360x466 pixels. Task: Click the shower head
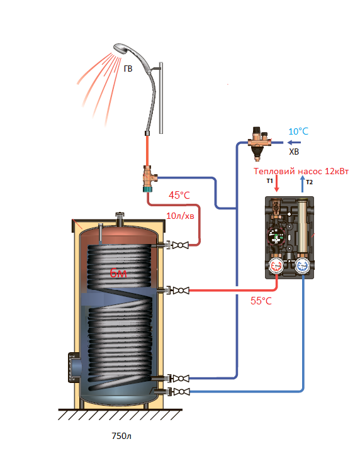tap(122, 49)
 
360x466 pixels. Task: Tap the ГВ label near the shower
tap(128, 69)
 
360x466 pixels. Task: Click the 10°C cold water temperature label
tap(298, 131)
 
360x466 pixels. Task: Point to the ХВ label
tap(294, 152)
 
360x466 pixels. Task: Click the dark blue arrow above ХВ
tap(294, 142)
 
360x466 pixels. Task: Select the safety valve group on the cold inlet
tap(259, 143)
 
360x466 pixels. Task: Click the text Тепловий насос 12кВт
tap(301, 171)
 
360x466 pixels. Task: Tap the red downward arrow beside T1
tap(277, 183)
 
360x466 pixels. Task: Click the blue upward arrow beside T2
tap(302, 184)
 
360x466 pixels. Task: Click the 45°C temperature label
tap(179, 195)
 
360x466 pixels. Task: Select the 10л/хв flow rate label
tap(180, 216)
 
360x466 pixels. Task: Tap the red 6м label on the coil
tap(118, 272)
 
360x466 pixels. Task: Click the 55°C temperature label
tap(261, 301)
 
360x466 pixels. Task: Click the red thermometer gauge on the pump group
tap(276, 266)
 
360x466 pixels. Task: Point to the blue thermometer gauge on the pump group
tap(303, 266)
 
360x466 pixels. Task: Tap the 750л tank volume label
tap(121, 436)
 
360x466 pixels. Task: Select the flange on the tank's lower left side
tap(74, 367)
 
